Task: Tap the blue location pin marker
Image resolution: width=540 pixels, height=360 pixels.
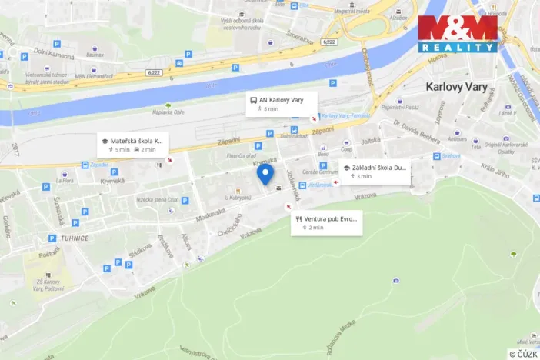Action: click(x=265, y=175)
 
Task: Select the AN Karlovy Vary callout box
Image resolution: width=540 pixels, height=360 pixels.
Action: click(x=281, y=104)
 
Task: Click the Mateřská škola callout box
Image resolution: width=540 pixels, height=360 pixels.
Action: click(x=132, y=145)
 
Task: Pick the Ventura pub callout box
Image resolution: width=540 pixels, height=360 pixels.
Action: click(x=325, y=223)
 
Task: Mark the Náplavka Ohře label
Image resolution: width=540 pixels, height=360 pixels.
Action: click(x=169, y=112)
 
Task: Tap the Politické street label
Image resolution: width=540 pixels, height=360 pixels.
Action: click(x=49, y=252)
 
